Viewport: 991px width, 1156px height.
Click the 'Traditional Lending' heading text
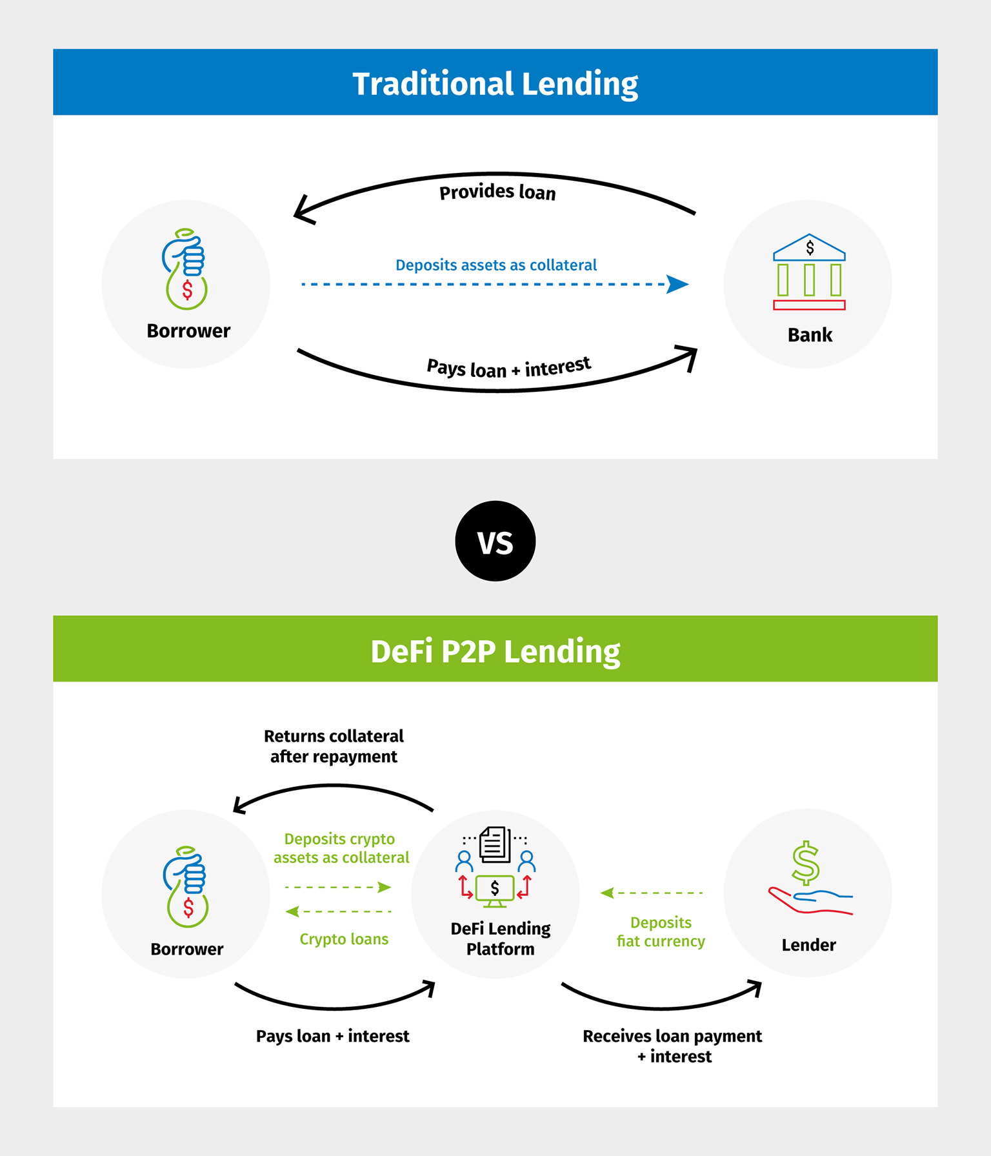coord(495,84)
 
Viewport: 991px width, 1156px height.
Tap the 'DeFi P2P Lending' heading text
coord(495,651)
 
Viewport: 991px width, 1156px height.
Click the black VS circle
coord(495,541)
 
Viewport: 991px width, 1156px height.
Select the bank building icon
coord(809,272)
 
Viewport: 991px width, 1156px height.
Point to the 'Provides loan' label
coord(497,192)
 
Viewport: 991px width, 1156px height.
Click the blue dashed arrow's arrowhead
coord(677,284)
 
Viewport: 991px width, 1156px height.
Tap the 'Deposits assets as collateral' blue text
coord(495,265)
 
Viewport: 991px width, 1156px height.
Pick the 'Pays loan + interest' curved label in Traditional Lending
coord(508,368)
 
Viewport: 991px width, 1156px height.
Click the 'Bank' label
coord(810,335)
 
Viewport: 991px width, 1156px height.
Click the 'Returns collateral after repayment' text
coord(334,746)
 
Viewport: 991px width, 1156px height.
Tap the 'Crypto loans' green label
coord(344,939)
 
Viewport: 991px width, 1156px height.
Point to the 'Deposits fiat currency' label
coord(661,932)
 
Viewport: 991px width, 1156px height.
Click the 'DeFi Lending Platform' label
coord(500,938)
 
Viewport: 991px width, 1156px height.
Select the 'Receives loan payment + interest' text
coord(672,1046)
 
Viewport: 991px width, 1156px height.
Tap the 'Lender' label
coord(808,945)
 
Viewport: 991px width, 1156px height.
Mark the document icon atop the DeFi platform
coord(495,844)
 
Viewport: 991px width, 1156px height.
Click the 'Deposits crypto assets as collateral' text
coord(341,848)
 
